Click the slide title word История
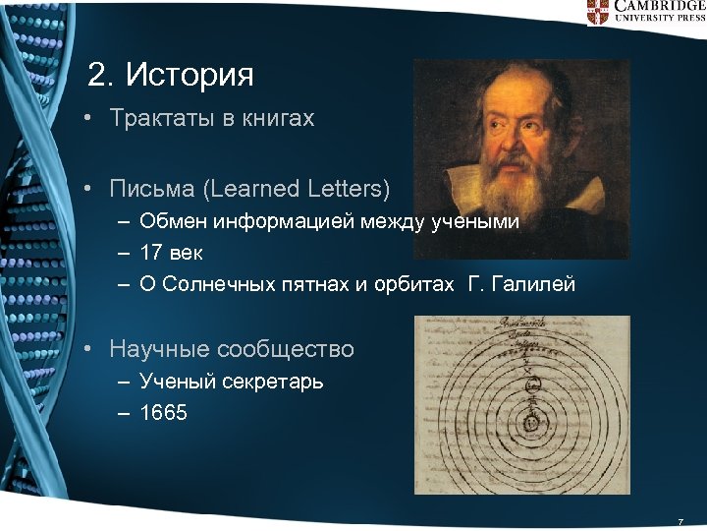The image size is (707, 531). (x=190, y=75)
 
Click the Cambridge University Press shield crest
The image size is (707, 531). (x=598, y=11)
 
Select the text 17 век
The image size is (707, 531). (x=171, y=253)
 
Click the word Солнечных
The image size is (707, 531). (x=216, y=285)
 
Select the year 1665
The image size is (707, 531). (x=163, y=413)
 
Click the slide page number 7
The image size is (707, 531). (x=680, y=520)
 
